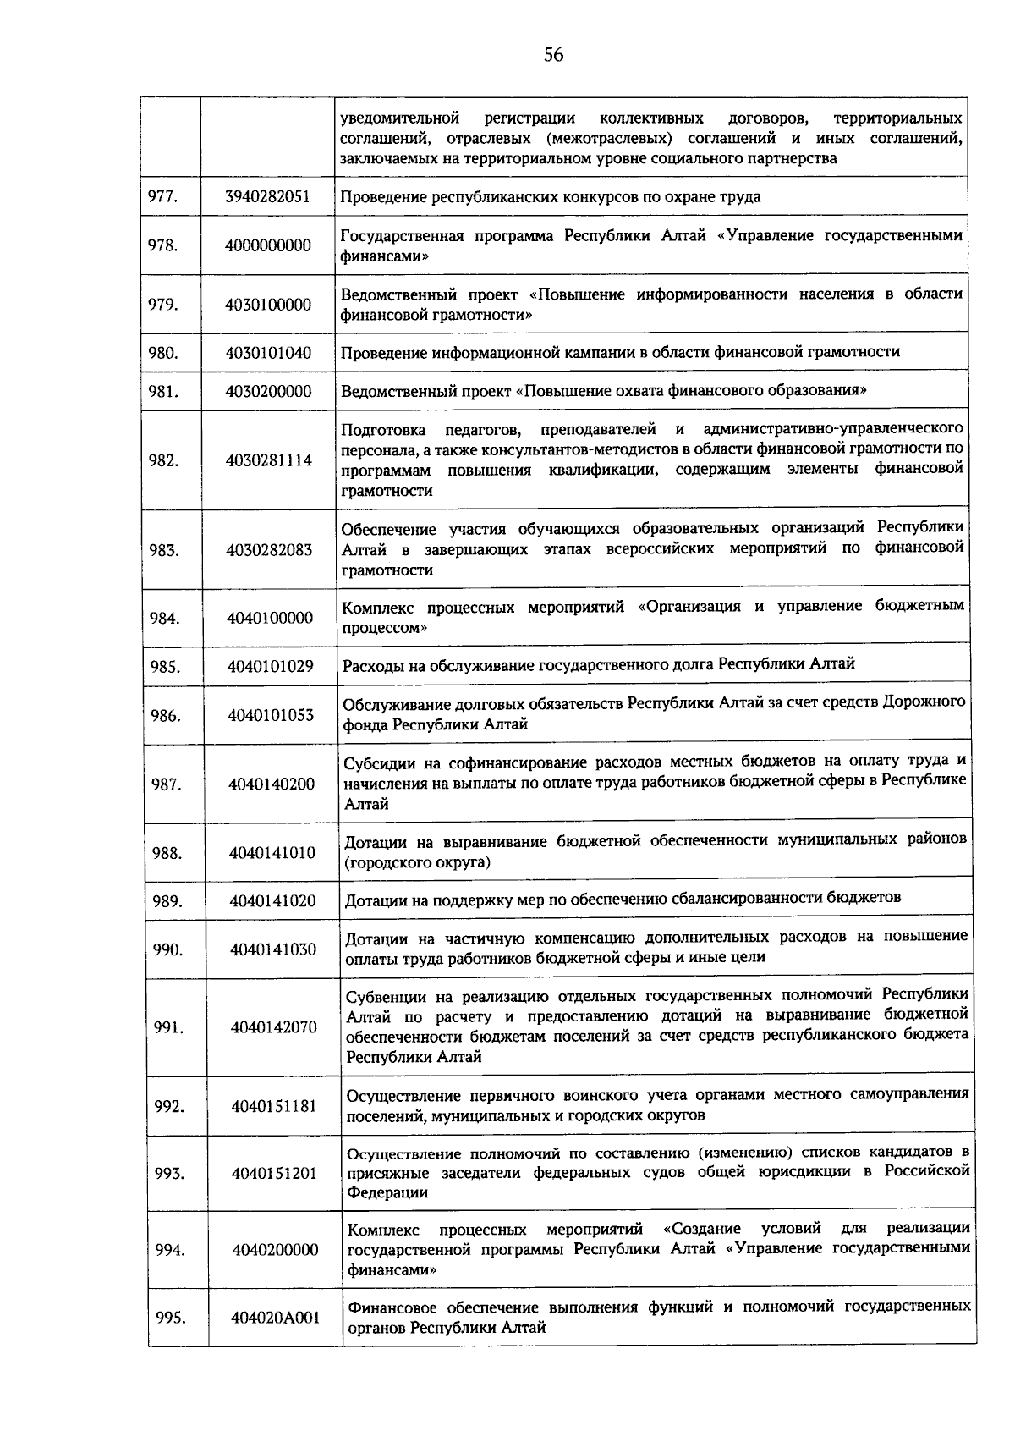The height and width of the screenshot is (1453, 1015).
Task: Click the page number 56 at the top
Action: [554, 55]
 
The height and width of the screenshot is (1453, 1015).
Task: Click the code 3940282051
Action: [267, 196]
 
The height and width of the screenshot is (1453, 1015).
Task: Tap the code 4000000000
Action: [267, 245]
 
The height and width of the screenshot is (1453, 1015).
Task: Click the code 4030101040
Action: [268, 353]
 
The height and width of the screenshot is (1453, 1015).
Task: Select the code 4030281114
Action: [269, 460]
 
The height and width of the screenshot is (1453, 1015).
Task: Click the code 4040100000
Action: [270, 618]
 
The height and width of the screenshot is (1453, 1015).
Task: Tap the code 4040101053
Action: [271, 715]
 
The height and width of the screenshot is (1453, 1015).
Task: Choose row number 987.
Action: [167, 784]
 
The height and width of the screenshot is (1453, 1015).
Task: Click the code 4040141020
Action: [272, 901]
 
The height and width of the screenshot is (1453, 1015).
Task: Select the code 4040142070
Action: [274, 1027]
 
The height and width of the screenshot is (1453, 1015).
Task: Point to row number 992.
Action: [169, 1106]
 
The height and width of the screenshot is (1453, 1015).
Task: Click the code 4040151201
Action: [274, 1173]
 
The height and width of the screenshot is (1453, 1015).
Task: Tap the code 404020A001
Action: [276, 1318]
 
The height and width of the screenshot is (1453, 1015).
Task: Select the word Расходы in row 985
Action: [369, 666]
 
